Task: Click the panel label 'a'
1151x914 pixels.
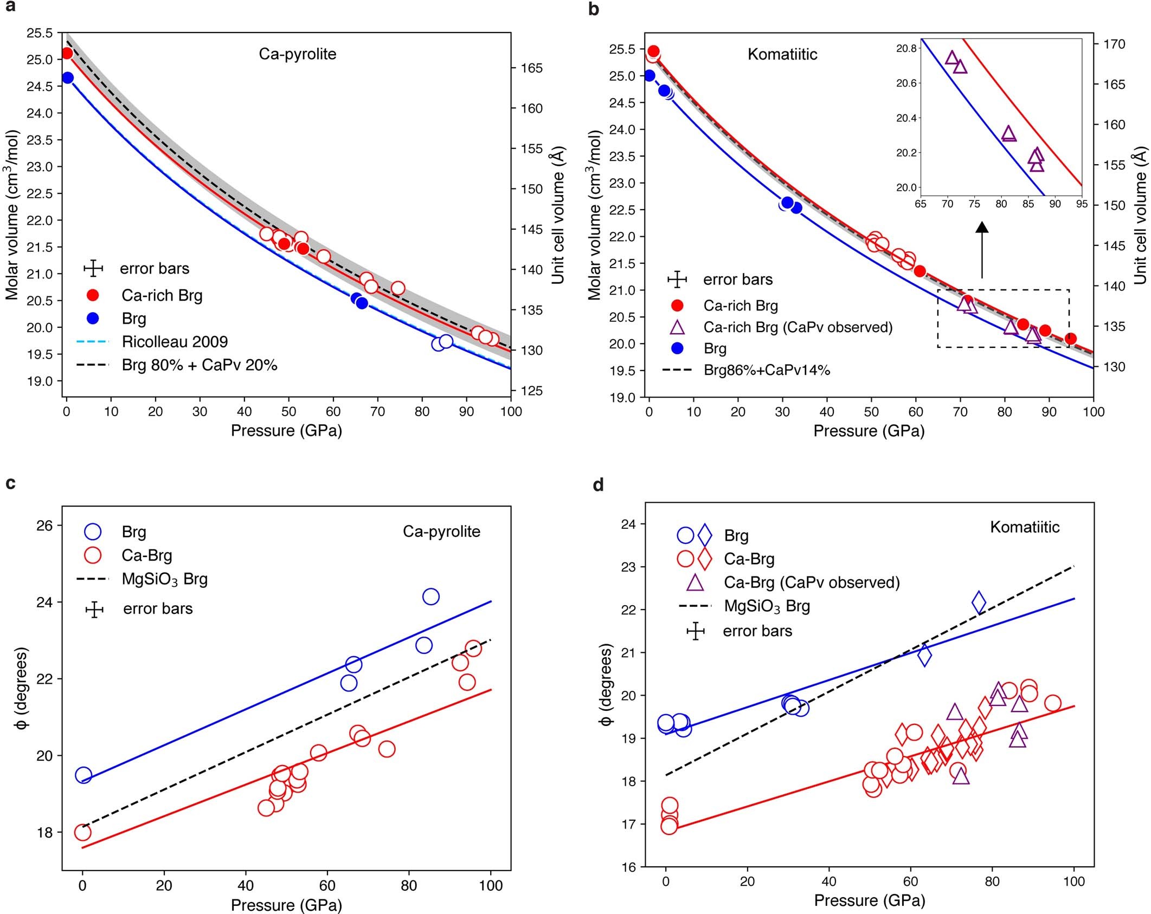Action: point(9,9)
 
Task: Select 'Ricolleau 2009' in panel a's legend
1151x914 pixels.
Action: point(174,342)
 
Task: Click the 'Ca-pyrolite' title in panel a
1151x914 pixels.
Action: point(297,54)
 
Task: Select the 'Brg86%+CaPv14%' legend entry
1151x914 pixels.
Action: point(767,371)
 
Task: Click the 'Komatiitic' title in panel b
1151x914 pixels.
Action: point(782,54)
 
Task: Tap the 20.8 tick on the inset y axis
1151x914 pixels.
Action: point(906,49)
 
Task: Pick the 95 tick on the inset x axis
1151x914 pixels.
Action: point(1081,204)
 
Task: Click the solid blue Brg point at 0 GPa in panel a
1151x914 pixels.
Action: point(68,78)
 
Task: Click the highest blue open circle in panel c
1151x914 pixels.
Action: point(430,597)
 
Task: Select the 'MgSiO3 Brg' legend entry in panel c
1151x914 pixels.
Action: point(164,579)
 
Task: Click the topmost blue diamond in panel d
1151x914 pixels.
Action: point(979,602)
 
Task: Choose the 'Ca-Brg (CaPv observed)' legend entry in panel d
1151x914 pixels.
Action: point(812,582)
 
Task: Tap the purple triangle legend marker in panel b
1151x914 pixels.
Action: point(677,327)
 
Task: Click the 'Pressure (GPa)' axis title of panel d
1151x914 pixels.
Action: point(869,900)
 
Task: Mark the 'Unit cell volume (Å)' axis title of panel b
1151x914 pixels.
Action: point(1140,215)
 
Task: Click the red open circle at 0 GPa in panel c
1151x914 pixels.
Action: point(82,832)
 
